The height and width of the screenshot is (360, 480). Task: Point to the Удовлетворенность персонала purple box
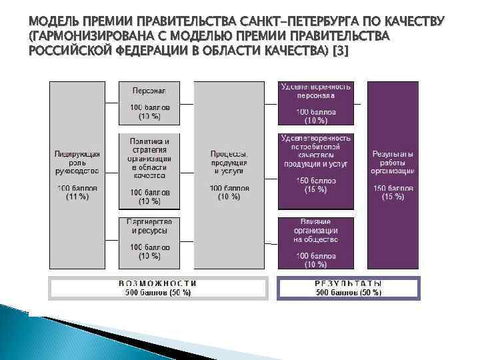316,103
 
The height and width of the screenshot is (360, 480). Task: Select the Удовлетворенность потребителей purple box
316,170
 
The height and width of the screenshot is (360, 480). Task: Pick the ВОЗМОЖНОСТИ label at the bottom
157,283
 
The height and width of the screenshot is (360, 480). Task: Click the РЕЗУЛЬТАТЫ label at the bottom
348,283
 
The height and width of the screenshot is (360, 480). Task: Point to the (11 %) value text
77,197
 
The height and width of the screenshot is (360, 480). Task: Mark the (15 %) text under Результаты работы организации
393,197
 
